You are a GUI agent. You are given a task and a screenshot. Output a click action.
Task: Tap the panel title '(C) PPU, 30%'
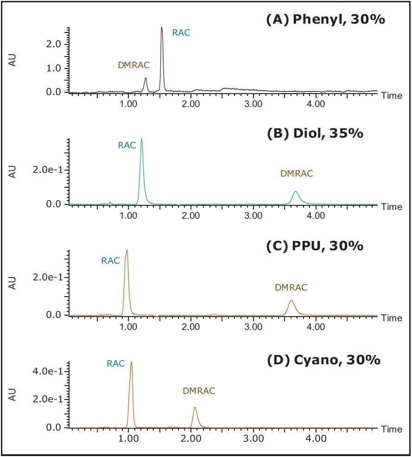point(315,246)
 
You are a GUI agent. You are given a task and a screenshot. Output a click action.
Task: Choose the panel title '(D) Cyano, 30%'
point(323,359)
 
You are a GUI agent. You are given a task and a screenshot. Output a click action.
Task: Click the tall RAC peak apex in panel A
point(162,28)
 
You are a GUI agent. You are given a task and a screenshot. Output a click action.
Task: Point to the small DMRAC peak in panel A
point(146,78)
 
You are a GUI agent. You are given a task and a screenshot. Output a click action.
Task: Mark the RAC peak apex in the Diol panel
point(141,139)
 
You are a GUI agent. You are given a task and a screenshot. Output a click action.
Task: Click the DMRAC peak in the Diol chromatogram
point(296,192)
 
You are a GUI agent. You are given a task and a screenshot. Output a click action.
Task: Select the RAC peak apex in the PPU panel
point(126,251)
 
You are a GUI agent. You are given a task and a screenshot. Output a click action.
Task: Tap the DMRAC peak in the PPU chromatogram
point(291,301)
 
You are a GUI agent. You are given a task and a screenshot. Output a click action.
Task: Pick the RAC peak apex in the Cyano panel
point(131,362)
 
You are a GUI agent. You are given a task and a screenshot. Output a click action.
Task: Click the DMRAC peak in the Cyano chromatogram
point(195,408)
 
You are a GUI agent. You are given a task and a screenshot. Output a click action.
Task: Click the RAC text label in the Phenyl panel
point(181,33)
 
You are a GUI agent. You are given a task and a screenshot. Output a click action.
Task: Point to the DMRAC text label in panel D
point(199,391)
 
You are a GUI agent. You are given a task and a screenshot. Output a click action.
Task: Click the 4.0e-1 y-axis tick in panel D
point(49,371)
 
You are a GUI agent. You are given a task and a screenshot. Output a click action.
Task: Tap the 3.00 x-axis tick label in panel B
point(253,215)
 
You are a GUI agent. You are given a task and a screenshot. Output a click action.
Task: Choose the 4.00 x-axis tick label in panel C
point(316,326)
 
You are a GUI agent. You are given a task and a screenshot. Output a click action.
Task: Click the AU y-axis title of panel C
point(13,283)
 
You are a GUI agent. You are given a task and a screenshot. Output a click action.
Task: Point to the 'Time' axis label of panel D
point(392,429)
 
